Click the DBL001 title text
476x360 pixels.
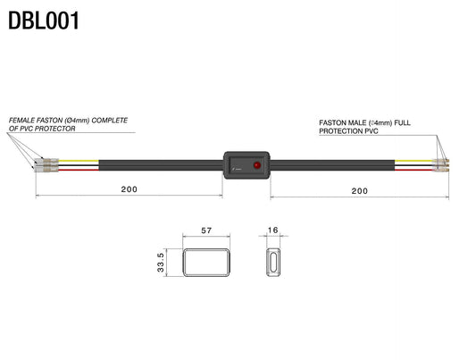point(45,20)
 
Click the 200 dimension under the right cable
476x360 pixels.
point(359,191)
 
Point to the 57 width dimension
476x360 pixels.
point(206,230)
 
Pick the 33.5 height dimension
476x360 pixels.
point(160,264)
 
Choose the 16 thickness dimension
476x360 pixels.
point(273,230)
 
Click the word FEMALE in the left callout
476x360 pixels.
point(24,120)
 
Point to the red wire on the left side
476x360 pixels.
point(80,170)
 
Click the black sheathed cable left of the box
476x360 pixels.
point(161,166)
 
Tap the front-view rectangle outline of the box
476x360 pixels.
point(206,264)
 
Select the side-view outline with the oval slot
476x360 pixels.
point(273,264)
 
